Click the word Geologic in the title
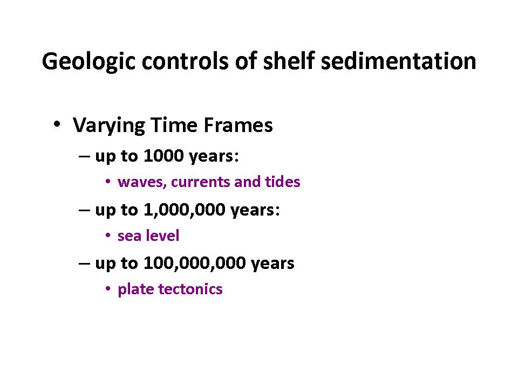point(89,62)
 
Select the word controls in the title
point(185,61)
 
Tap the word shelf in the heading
point(288,61)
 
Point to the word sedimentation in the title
point(398,61)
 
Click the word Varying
point(108,126)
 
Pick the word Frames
point(238,125)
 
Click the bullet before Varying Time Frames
point(57,124)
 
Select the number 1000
point(163,155)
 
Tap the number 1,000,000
point(185,210)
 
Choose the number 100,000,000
point(195,264)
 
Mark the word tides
point(282,182)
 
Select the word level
point(162,235)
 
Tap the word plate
point(136,290)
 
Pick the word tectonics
point(190,289)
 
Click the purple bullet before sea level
point(108,235)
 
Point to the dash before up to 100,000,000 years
point(84,264)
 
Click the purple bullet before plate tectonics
point(108,289)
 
